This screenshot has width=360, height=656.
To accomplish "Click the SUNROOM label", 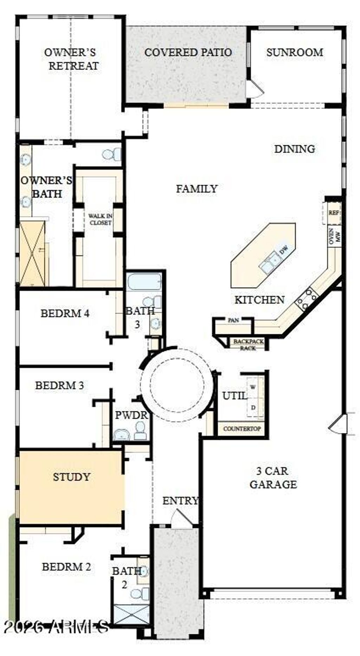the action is pyautogui.click(x=295, y=52).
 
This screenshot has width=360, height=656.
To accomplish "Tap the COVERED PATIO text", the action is pyautogui.click(x=188, y=52).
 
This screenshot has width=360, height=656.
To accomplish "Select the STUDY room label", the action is pyautogui.click(x=72, y=477).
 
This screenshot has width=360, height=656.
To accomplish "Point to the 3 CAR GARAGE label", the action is pyautogui.click(x=273, y=477).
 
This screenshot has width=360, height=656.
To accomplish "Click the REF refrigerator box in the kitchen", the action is pyautogui.click(x=333, y=213).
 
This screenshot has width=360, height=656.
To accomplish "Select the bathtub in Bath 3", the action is pyautogui.click(x=144, y=282).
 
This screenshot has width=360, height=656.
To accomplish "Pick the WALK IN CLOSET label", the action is pyautogui.click(x=100, y=219).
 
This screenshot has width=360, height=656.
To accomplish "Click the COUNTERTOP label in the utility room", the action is pyautogui.click(x=242, y=429).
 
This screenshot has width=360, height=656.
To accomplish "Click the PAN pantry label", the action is pyautogui.click(x=233, y=320).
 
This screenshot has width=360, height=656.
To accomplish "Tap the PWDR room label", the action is pyautogui.click(x=131, y=415).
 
